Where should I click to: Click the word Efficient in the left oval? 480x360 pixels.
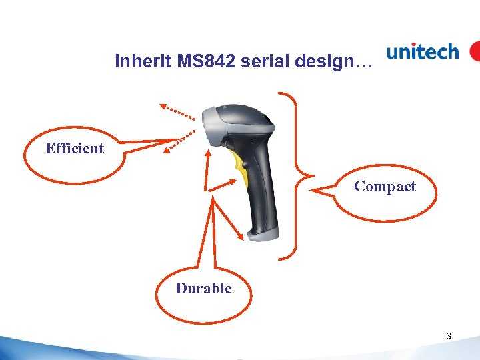pyautogui.click(x=75, y=149)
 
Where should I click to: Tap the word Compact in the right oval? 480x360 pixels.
pyautogui.click(x=385, y=187)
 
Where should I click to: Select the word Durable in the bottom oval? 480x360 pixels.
pyautogui.click(x=203, y=289)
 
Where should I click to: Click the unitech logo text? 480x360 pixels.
pyautogui.click(x=423, y=52)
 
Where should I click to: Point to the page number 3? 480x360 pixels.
pyautogui.click(x=449, y=337)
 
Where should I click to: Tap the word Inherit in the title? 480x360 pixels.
pyautogui.click(x=137, y=61)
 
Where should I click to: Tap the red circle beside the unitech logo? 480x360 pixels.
pyautogui.click(x=475, y=51)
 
